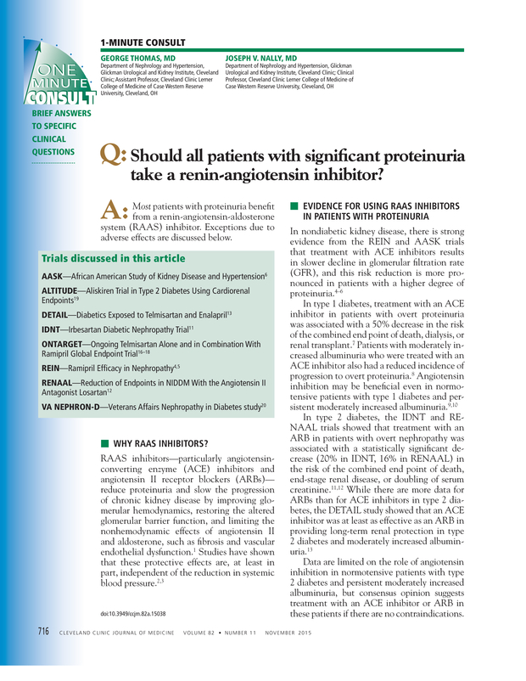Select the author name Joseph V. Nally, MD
(x=261, y=58)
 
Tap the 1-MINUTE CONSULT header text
(x=143, y=42)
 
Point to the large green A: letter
(x=113, y=211)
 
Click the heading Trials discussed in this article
(x=113, y=258)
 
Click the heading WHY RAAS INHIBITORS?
(x=160, y=444)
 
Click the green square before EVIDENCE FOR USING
(x=294, y=206)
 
